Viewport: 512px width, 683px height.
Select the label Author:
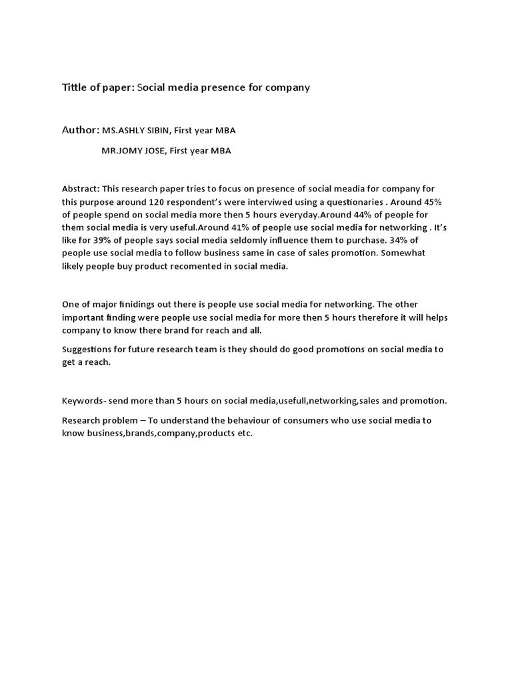pos(81,131)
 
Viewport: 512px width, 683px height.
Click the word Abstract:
pos(80,189)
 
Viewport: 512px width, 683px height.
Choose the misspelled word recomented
pos(183,266)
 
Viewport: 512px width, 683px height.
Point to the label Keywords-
pos(85,401)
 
